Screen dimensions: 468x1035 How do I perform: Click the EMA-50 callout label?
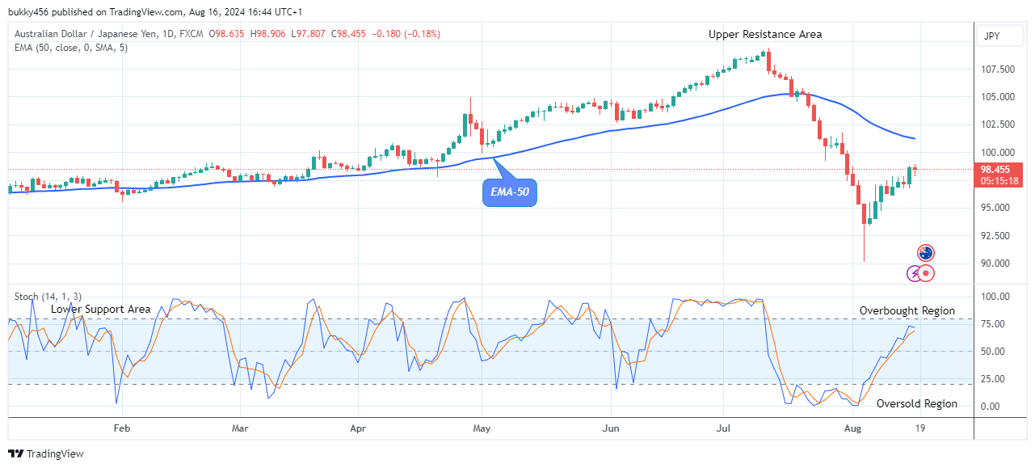pyautogui.click(x=510, y=192)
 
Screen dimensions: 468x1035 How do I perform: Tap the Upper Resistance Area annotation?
pyautogui.click(x=765, y=34)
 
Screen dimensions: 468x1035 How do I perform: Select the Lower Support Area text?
pyautogui.click(x=100, y=309)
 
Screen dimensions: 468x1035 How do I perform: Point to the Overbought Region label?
pyautogui.click(x=907, y=310)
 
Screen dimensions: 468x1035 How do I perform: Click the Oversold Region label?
pyautogui.click(x=916, y=403)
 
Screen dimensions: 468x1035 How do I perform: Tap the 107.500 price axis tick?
pyautogui.click(x=997, y=70)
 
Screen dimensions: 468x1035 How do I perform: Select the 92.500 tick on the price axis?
pyautogui.click(x=997, y=236)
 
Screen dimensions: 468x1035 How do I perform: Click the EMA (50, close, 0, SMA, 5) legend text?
pyautogui.click(x=72, y=48)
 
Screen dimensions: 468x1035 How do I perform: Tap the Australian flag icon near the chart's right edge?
pyautogui.click(x=926, y=253)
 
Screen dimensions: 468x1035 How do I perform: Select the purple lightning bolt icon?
pyautogui.click(x=914, y=273)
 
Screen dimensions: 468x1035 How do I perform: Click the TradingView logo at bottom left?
pyautogui.click(x=46, y=453)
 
